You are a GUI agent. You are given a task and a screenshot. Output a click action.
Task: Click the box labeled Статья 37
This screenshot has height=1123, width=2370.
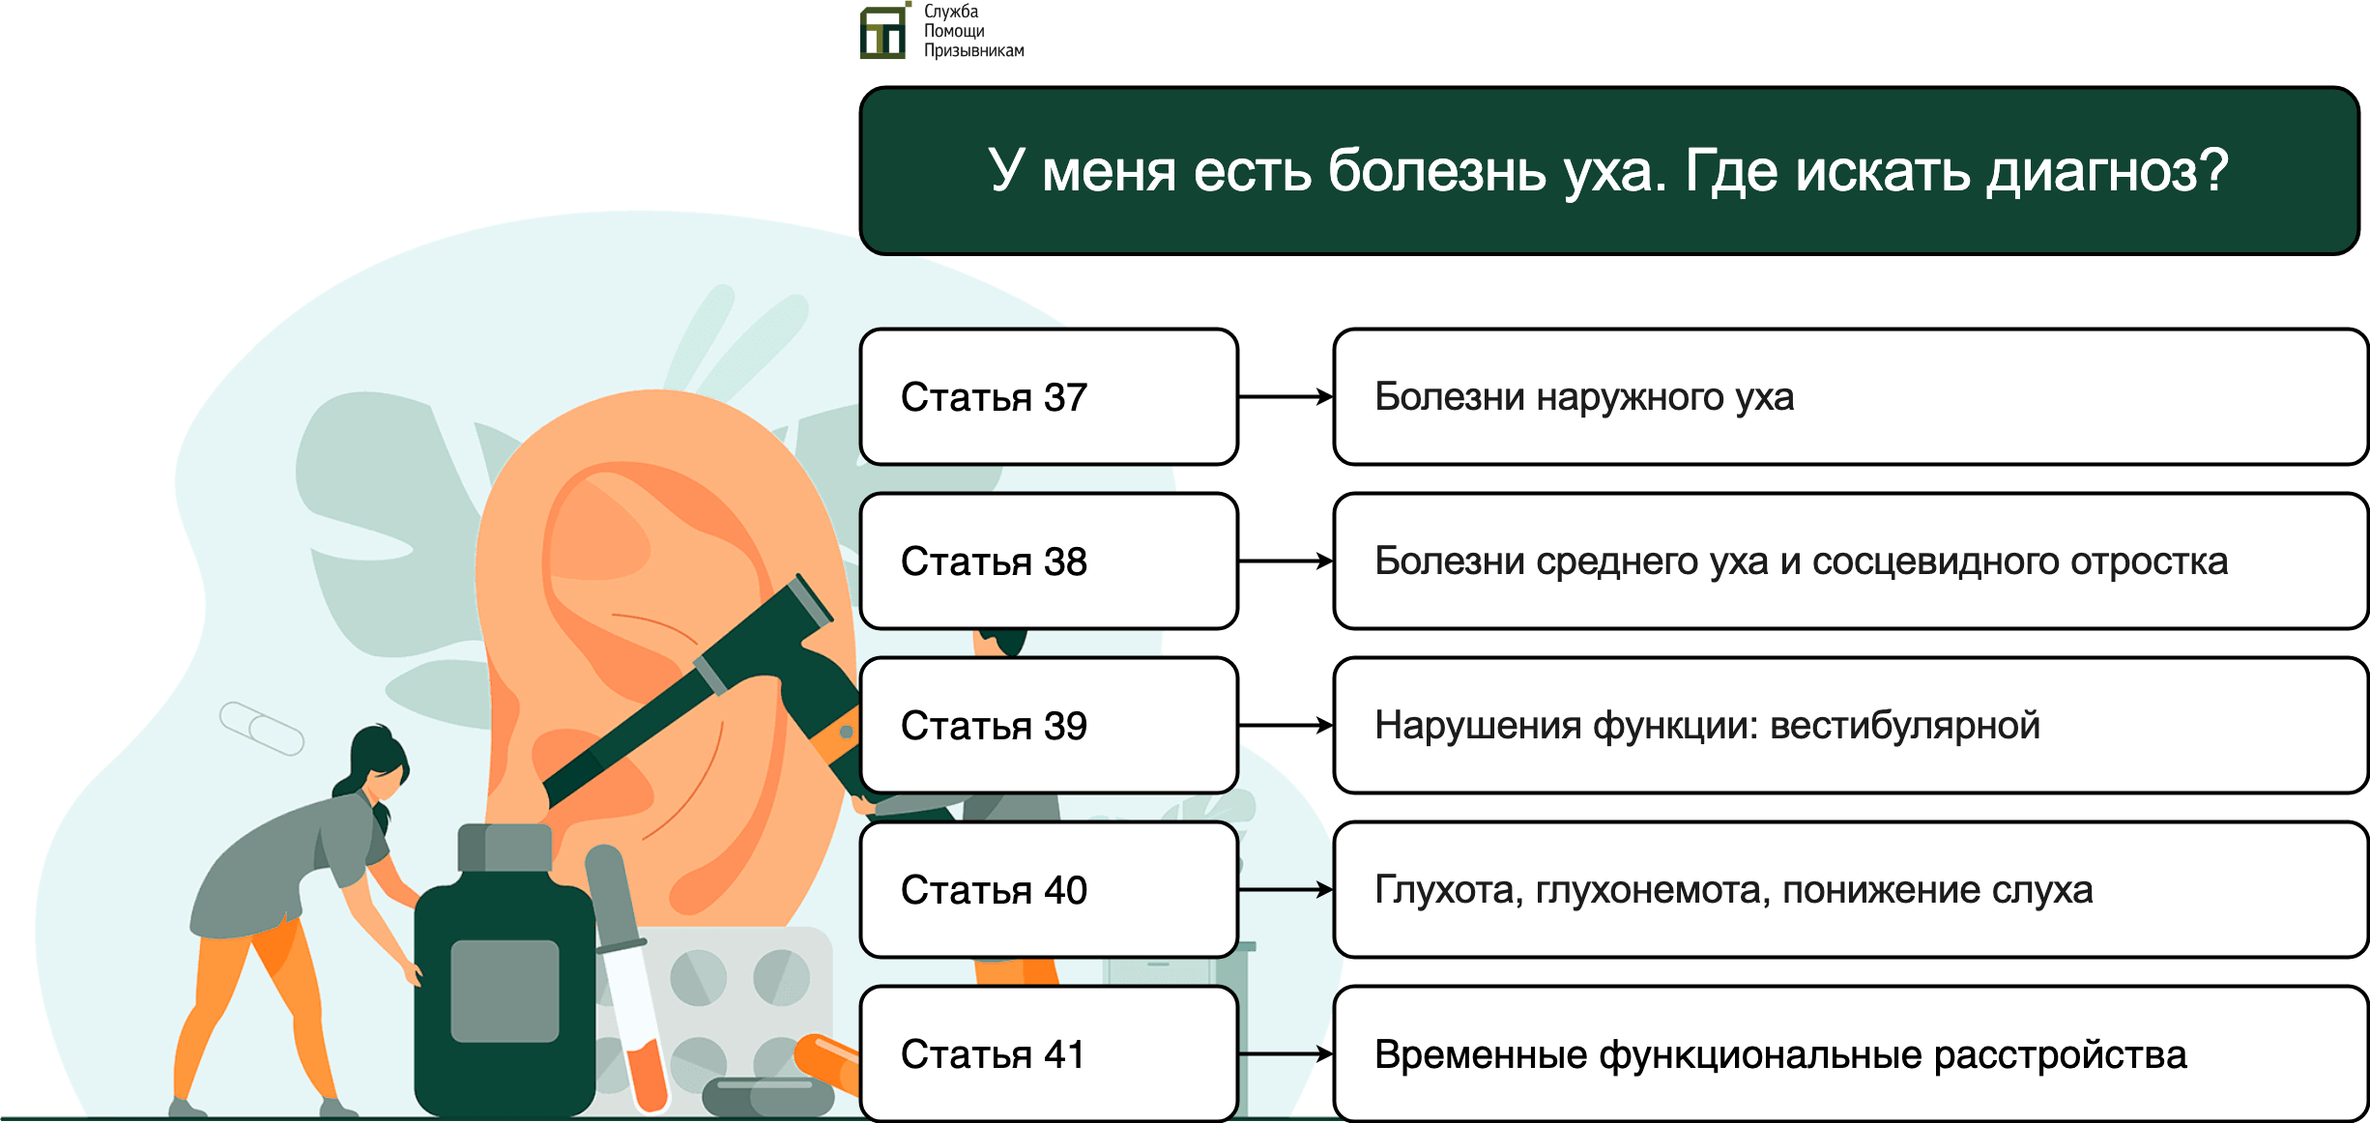click(x=1049, y=397)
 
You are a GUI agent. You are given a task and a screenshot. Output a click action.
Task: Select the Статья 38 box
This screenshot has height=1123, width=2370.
click(x=1049, y=561)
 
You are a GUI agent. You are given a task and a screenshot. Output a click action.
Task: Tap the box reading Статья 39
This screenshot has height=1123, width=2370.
click(x=1049, y=726)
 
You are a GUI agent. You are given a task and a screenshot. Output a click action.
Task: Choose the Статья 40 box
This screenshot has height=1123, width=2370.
click(x=1049, y=890)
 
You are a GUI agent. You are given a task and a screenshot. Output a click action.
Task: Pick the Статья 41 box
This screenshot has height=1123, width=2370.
click(x=1049, y=1054)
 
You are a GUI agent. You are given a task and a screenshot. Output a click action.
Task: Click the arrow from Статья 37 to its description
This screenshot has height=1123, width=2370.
click(x=1286, y=396)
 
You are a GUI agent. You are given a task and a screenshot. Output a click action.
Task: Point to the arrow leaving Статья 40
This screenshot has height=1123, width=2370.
click(x=1286, y=889)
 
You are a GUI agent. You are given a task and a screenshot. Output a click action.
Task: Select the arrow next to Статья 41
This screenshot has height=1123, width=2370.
click(x=1286, y=1053)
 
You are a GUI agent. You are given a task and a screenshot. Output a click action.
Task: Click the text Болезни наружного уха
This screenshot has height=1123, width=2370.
click(x=1584, y=397)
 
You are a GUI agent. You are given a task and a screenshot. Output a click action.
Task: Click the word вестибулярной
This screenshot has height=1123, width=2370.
click(x=1905, y=726)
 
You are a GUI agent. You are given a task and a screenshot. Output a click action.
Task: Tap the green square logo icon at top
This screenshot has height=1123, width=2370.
click(x=883, y=32)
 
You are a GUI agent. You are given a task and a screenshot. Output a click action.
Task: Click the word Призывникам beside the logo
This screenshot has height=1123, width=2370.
click(x=974, y=50)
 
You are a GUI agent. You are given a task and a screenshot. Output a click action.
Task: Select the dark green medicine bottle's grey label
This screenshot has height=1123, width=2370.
click(x=505, y=991)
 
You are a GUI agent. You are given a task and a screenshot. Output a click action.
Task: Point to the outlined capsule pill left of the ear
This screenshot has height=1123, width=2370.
click(x=262, y=729)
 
